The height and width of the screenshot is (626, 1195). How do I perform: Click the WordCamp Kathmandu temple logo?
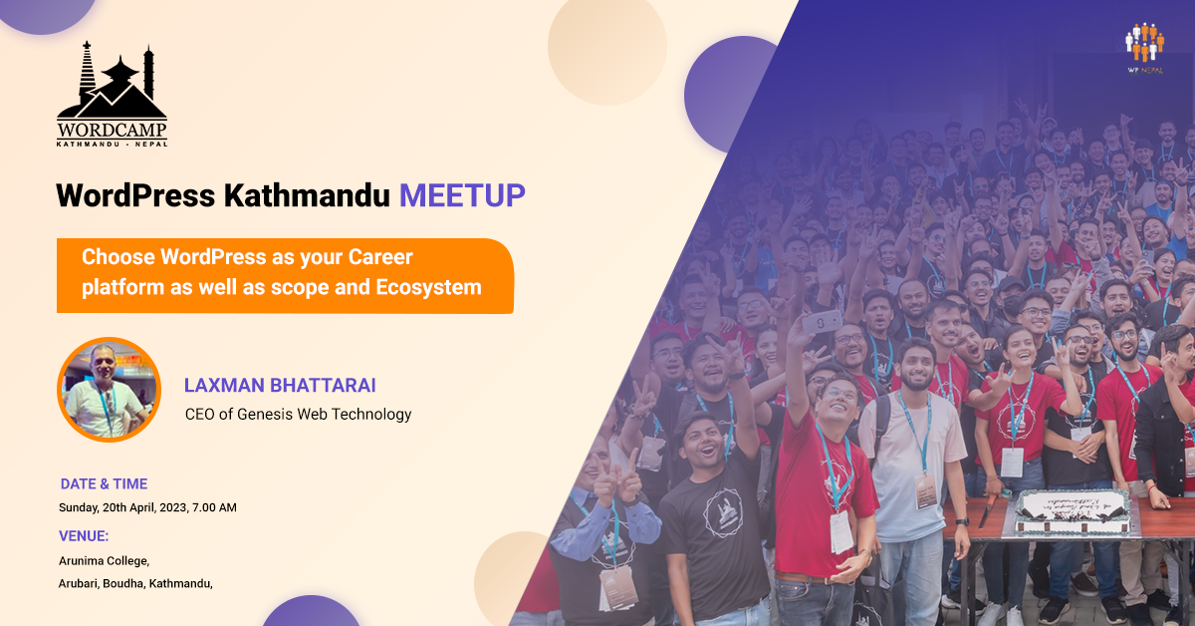112,94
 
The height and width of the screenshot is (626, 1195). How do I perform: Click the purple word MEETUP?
462,195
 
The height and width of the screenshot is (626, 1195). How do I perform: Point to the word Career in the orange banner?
380,257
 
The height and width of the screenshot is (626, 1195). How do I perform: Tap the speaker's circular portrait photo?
109,390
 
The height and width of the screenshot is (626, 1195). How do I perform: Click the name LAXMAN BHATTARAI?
279,385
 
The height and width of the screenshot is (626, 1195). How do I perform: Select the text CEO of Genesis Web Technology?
298,414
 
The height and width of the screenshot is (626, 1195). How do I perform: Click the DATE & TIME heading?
104,484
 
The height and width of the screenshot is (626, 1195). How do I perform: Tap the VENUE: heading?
84,536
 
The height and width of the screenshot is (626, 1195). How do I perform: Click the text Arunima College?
104,561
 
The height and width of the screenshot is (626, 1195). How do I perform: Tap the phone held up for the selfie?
823,321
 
